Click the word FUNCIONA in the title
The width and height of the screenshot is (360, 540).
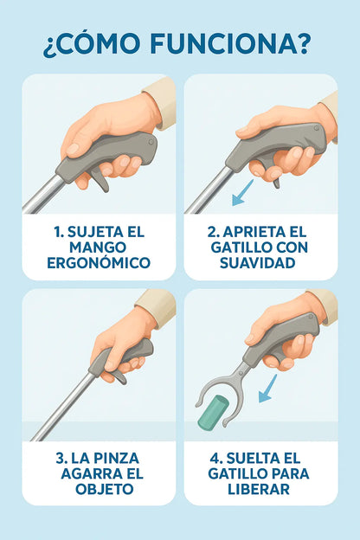click(x=230, y=44)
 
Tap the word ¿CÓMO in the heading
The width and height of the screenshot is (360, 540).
click(x=92, y=43)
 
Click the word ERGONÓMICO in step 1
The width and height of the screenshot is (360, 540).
click(x=99, y=263)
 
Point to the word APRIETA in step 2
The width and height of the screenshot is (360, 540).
click(x=249, y=232)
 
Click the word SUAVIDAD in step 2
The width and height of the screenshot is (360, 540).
click(x=257, y=263)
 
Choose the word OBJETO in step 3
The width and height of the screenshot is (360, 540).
click(x=105, y=489)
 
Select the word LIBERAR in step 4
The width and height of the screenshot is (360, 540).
click(x=259, y=489)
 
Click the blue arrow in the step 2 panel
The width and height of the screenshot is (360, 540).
click(x=242, y=193)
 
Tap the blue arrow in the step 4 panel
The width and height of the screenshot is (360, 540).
click(x=267, y=389)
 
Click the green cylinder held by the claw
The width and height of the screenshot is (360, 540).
click(x=213, y=413)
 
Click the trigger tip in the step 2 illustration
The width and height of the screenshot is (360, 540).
click(x=277, y=186)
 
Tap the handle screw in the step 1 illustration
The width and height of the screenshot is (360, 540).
click(x=151, y=142)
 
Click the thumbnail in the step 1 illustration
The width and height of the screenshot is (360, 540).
click(x=73, y=149)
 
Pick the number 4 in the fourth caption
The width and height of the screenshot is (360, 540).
click(x=214, y=459)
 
